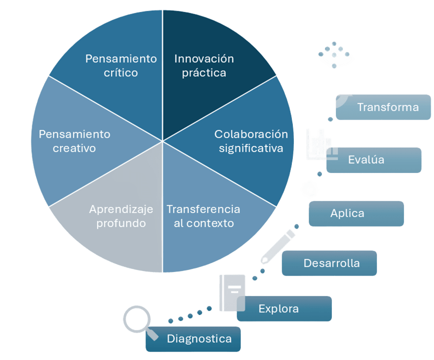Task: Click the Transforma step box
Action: (383, 107)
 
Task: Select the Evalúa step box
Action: (373, 160)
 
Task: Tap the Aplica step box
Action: (356, 213)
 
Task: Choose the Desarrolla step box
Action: (329, 263)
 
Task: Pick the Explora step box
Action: (284, 308)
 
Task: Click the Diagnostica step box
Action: (193, 339)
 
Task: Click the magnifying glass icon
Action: (138, 321)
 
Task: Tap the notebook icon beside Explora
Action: (232, 292)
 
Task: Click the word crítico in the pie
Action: (121, 73)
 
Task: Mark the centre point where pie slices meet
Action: (163, 141)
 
